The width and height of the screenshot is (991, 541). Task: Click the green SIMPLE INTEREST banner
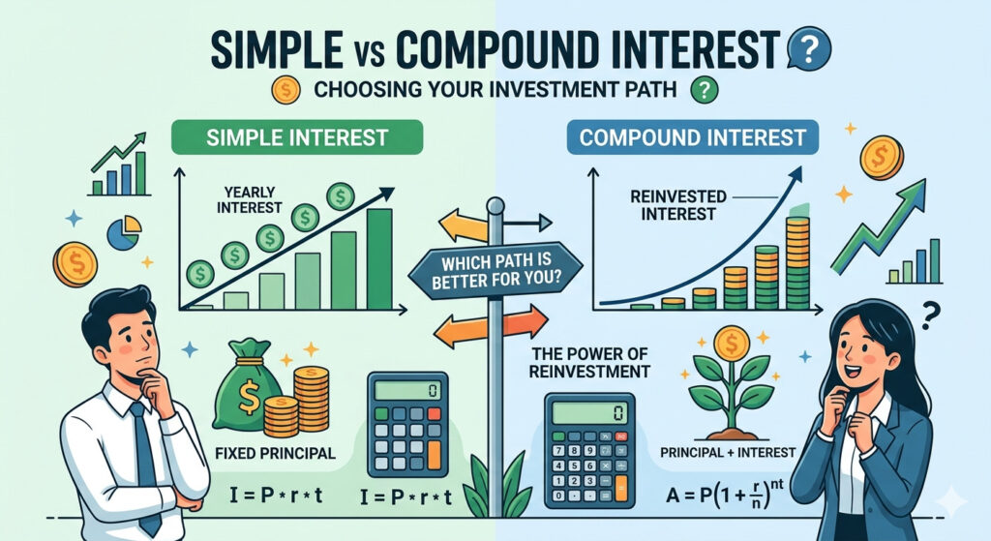coord(297,137)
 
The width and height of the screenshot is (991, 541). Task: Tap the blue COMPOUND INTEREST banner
coord(693,137)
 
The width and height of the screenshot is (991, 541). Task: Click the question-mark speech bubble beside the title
coord(810,48)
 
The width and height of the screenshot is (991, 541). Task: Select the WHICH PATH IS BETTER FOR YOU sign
coord(495,271)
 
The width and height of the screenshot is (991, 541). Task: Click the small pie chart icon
coord(125,232)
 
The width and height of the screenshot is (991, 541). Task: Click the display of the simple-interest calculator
coord(407,391)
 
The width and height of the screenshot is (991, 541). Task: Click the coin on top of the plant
coord(731,344)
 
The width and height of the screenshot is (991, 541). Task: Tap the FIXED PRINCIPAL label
coord(275,453)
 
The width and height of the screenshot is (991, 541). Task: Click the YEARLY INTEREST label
coord(249,199)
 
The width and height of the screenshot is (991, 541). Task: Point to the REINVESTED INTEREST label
coord(678,205)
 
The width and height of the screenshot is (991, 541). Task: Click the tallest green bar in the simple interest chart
coord(379,258)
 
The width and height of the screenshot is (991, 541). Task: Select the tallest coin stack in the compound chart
coord(797,262)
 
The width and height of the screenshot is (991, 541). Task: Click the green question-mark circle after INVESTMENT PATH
coord(705,90)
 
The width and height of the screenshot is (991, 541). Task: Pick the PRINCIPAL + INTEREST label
coord(728,453)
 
